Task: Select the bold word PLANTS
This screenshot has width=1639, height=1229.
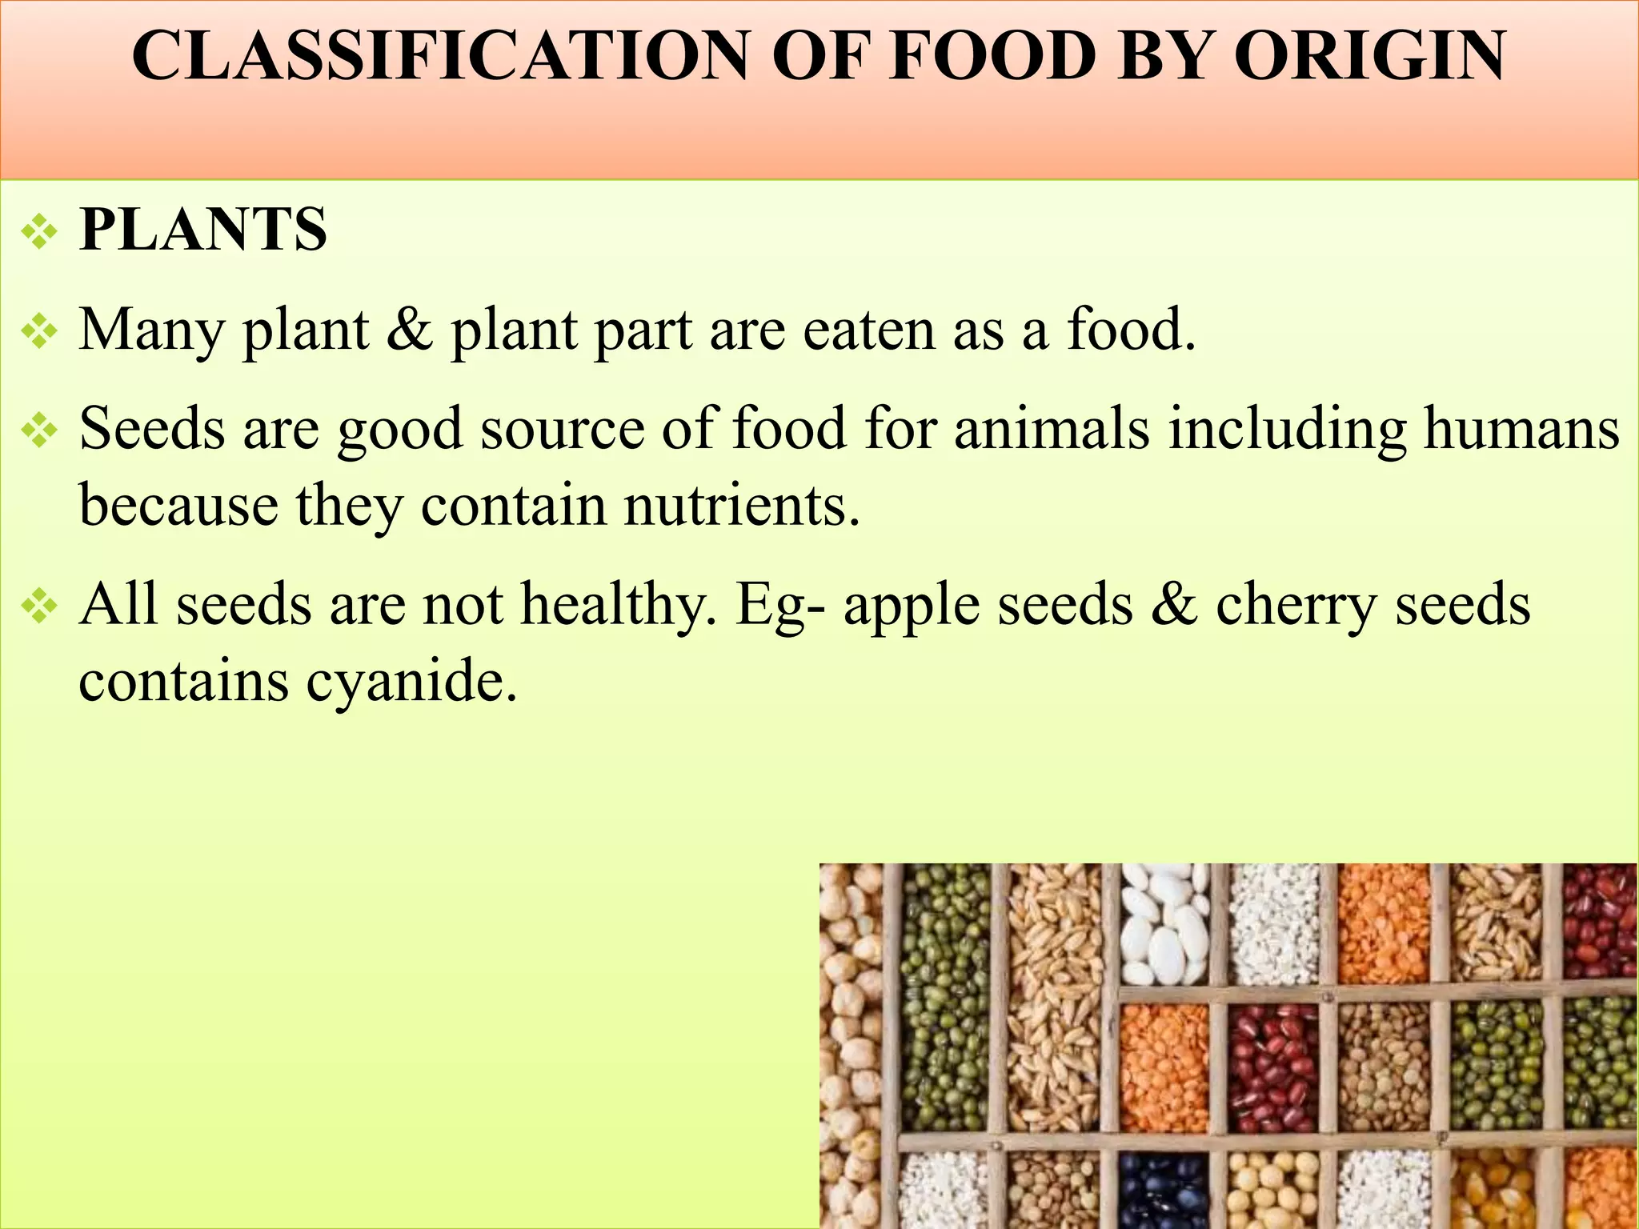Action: pos(203,230)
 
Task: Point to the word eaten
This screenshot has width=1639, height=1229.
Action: pos(869,330)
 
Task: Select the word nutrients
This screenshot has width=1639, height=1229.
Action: pos(741,506)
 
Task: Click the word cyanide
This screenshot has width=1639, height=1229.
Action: pos(411,682)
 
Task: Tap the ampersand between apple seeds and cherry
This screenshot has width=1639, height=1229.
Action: pos(1174,604)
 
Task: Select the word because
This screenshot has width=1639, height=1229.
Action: pos(178,506)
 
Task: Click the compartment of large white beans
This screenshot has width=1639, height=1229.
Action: pos(1164,928)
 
